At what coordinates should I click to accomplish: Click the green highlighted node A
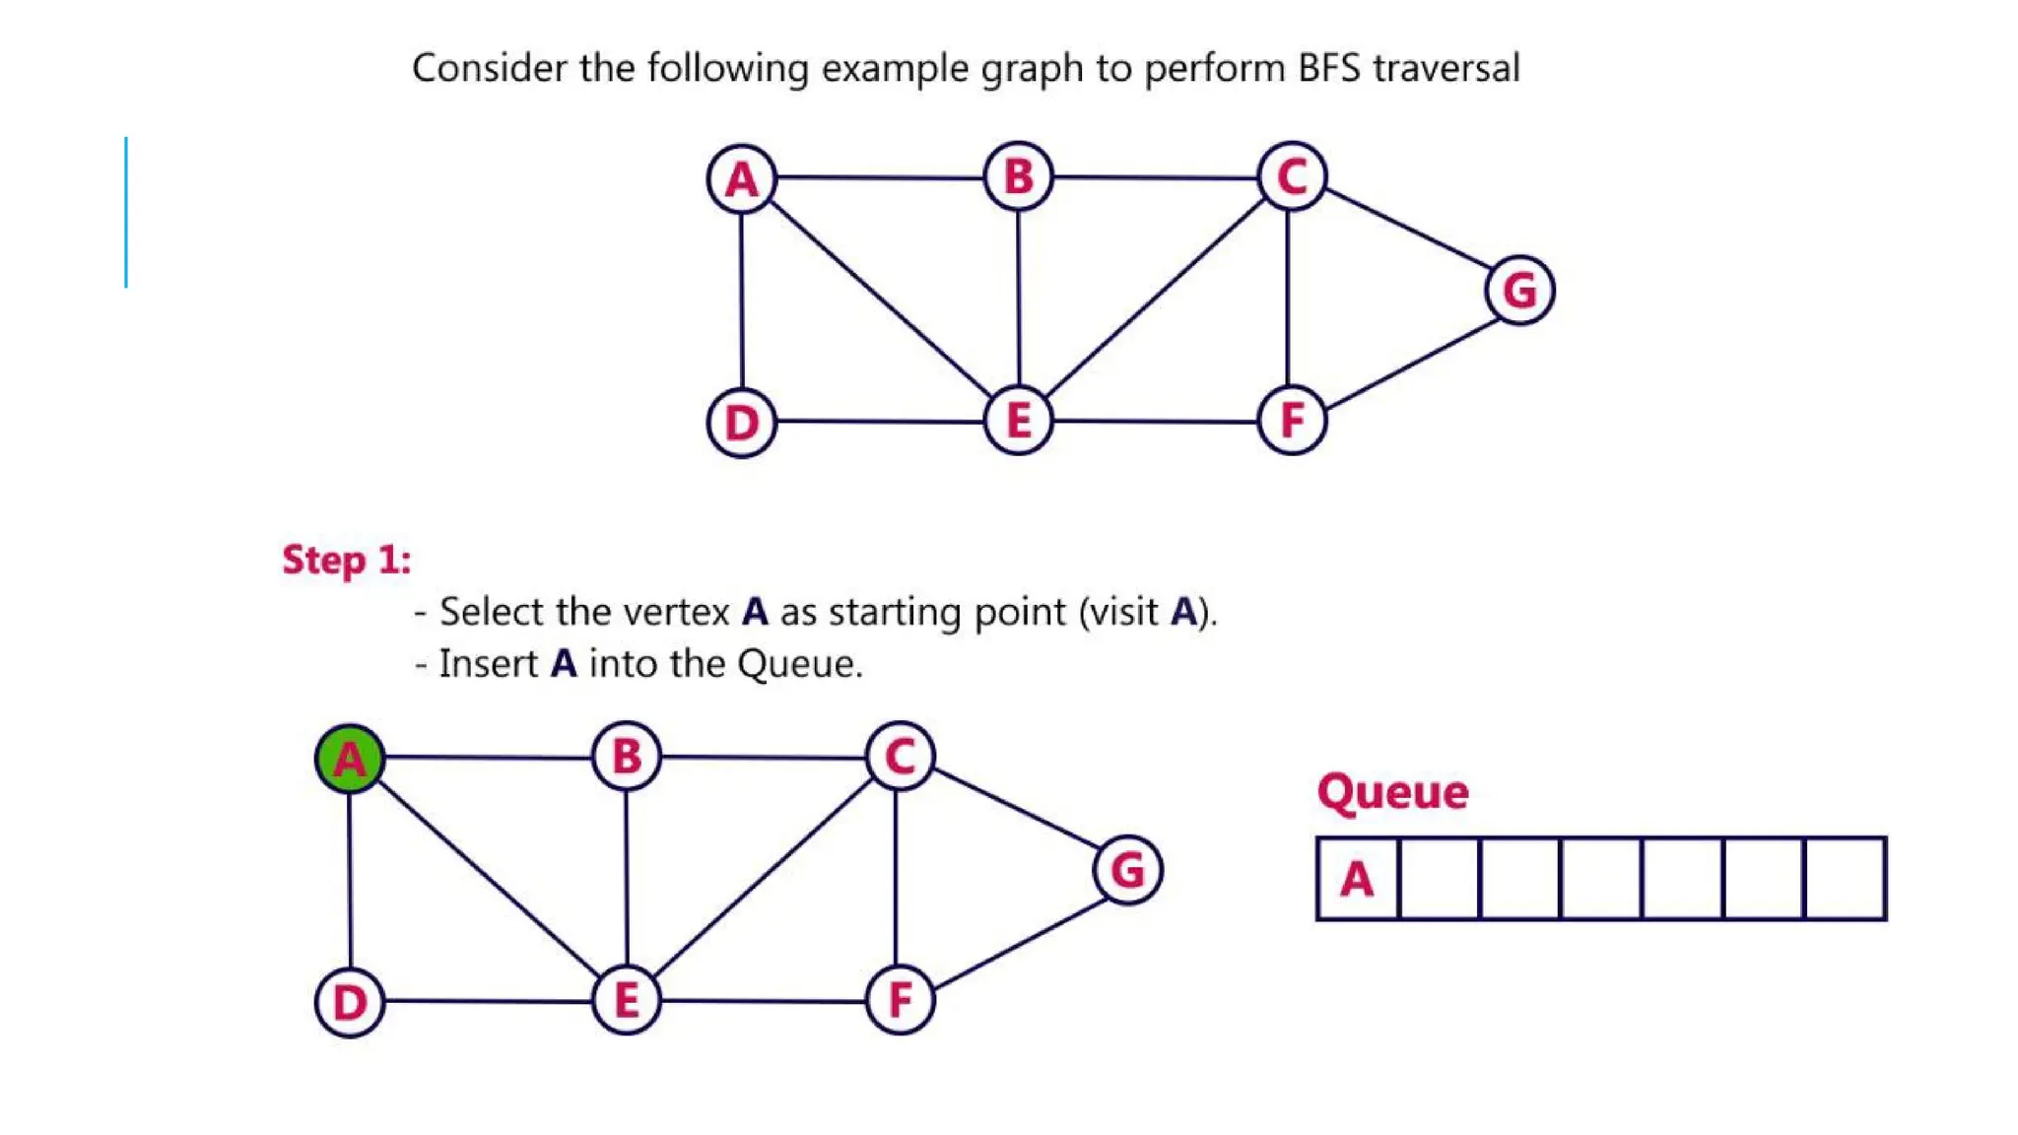[350, 759]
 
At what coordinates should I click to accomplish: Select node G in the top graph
[1519, 291]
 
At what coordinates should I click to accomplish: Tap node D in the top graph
[742, 423]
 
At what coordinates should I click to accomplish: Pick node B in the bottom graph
[627, 757]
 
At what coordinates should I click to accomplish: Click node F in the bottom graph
[900, 1000]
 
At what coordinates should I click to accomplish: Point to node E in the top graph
[1019, 421]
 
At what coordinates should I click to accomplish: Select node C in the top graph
[1292, 177]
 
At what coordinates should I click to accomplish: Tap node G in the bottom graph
[1128, 870]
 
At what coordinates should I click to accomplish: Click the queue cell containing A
[1357, 879]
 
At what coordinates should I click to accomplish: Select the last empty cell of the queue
[1846, 879]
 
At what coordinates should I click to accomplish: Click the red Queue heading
[1392, 791]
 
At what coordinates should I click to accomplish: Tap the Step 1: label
[347, 560]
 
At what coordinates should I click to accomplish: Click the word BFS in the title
[1328, 68]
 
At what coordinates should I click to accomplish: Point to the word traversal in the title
[1446, 68]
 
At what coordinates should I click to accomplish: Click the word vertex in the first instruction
[681, 612]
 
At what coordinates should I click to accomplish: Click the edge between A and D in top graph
[742, 300]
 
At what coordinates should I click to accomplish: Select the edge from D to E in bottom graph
[488, 1001]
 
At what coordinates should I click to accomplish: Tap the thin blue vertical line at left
[126, 212]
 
